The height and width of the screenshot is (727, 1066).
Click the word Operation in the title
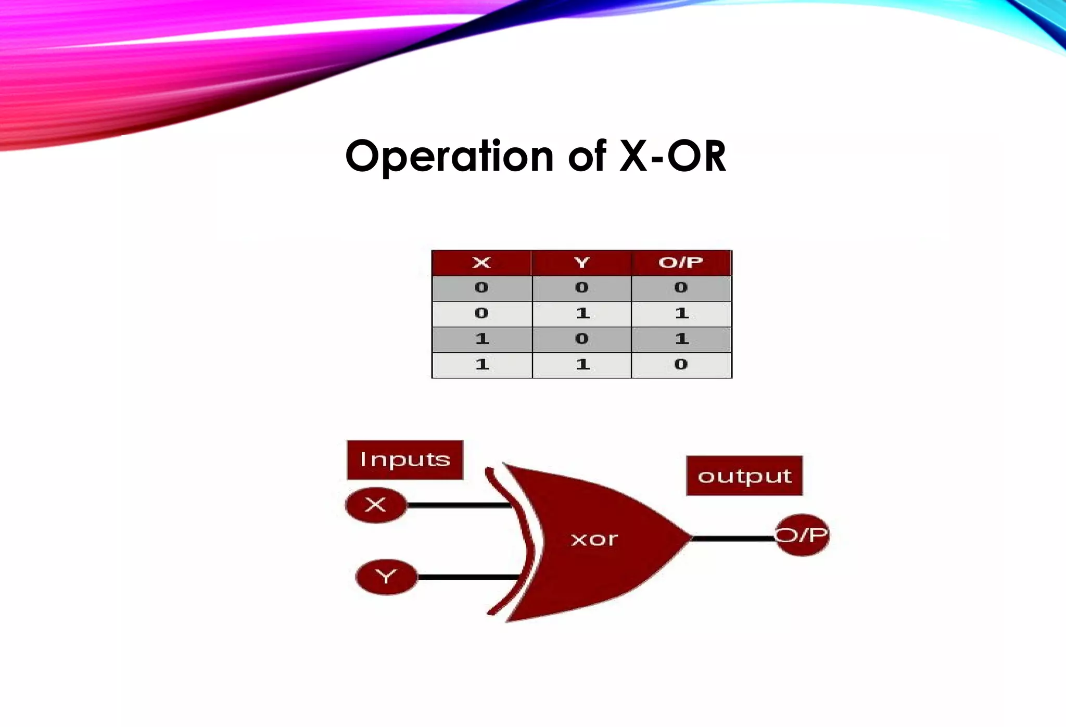coord(449,156)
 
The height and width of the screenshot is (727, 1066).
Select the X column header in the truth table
coord(481,263)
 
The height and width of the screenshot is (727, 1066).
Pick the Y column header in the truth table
coord(582,263)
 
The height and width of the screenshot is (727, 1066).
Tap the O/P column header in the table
coord(681,263)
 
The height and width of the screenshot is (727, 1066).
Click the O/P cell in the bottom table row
coord(681,365)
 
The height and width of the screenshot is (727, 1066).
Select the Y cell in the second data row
coord(582,313)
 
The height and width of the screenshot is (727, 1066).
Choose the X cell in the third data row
coord(482,339)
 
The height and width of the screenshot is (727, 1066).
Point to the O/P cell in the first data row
coord(681,288)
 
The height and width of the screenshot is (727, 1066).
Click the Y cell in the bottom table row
coord(582,365)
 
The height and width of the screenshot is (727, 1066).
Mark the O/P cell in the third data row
coord(681,339)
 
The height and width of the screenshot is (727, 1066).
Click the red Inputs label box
coord(405,460)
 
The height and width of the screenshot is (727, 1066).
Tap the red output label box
coord(744,476)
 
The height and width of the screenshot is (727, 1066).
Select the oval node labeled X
coord(376,505)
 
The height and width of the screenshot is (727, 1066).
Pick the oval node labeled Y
coord(386,577)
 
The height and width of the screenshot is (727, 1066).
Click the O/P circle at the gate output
coord(802,535)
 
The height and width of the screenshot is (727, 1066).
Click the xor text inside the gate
coord(594,539)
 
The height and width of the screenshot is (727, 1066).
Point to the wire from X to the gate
coord(458,505)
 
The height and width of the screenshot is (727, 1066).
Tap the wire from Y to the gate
coord(468,577)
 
